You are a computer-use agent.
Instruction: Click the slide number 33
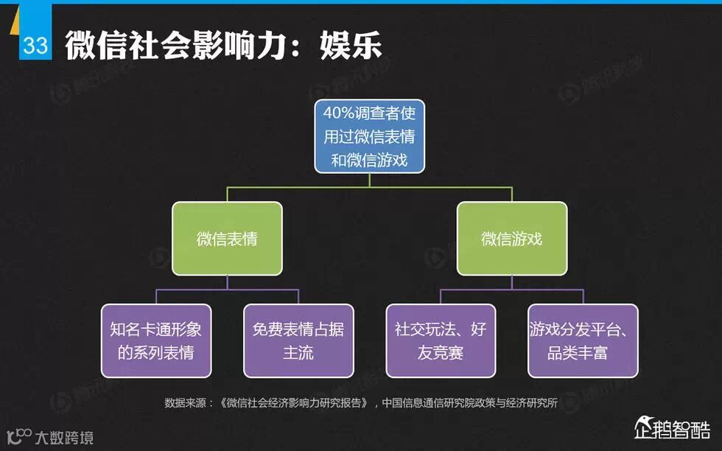click(35, 46)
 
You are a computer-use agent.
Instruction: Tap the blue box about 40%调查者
click(369, 136)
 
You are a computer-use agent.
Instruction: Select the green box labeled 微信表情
click(227, 239)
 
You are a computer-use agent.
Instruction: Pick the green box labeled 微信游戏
click(512, 239)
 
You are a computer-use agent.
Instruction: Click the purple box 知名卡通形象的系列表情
click(155, 340)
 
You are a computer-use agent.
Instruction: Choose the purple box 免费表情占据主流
click(298, 340)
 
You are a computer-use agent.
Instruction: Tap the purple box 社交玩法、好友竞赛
click(441, 340)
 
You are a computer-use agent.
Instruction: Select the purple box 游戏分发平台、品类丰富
click(583, 340)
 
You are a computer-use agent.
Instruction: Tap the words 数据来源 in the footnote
click(183, 402)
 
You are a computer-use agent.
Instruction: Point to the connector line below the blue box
click(369, 181)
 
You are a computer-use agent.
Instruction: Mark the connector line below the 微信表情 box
click(227, 283)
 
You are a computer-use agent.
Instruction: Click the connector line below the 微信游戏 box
click(512, 283)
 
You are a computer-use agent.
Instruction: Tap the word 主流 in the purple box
click(298, 352)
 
